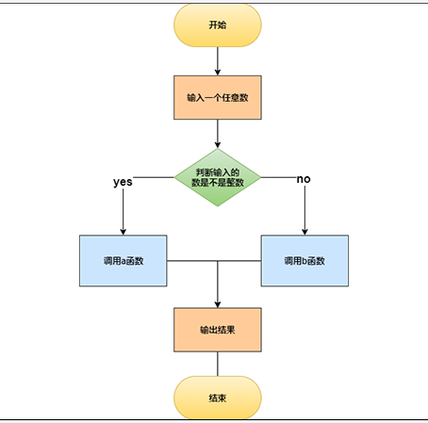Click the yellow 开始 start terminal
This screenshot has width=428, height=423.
click(x=218, y=25)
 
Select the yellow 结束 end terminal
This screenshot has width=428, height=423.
click(x=218, y=398)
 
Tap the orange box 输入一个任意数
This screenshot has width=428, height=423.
click(x=218, y=97)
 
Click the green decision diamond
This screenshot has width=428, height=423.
click(x=218, y=177)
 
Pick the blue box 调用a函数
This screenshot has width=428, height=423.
click(x=123, y=261)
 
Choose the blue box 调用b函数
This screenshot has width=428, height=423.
click(x=305, y=261)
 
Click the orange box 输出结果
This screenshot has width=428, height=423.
click(x=218, y=330)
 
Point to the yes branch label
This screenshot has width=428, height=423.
click(x=123, y=182)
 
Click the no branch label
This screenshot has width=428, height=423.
click(x=304, y=179)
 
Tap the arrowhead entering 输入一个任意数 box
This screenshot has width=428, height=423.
click(x=218, y=73)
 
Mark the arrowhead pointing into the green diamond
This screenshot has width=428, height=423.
click(x=218, y=145)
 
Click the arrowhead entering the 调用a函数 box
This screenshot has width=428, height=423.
click(x=123, y=232)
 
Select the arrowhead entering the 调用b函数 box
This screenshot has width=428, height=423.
click(x=305, y=232)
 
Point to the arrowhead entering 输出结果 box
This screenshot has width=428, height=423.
click(x=218, y=304)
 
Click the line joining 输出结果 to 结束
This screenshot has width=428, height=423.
click(x=218, y=364)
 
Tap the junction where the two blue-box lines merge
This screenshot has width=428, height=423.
click(x=218, y=261)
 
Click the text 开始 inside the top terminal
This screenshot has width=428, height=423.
click(x=218, y=24)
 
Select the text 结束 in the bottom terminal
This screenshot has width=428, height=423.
click(x=218, y=398)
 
